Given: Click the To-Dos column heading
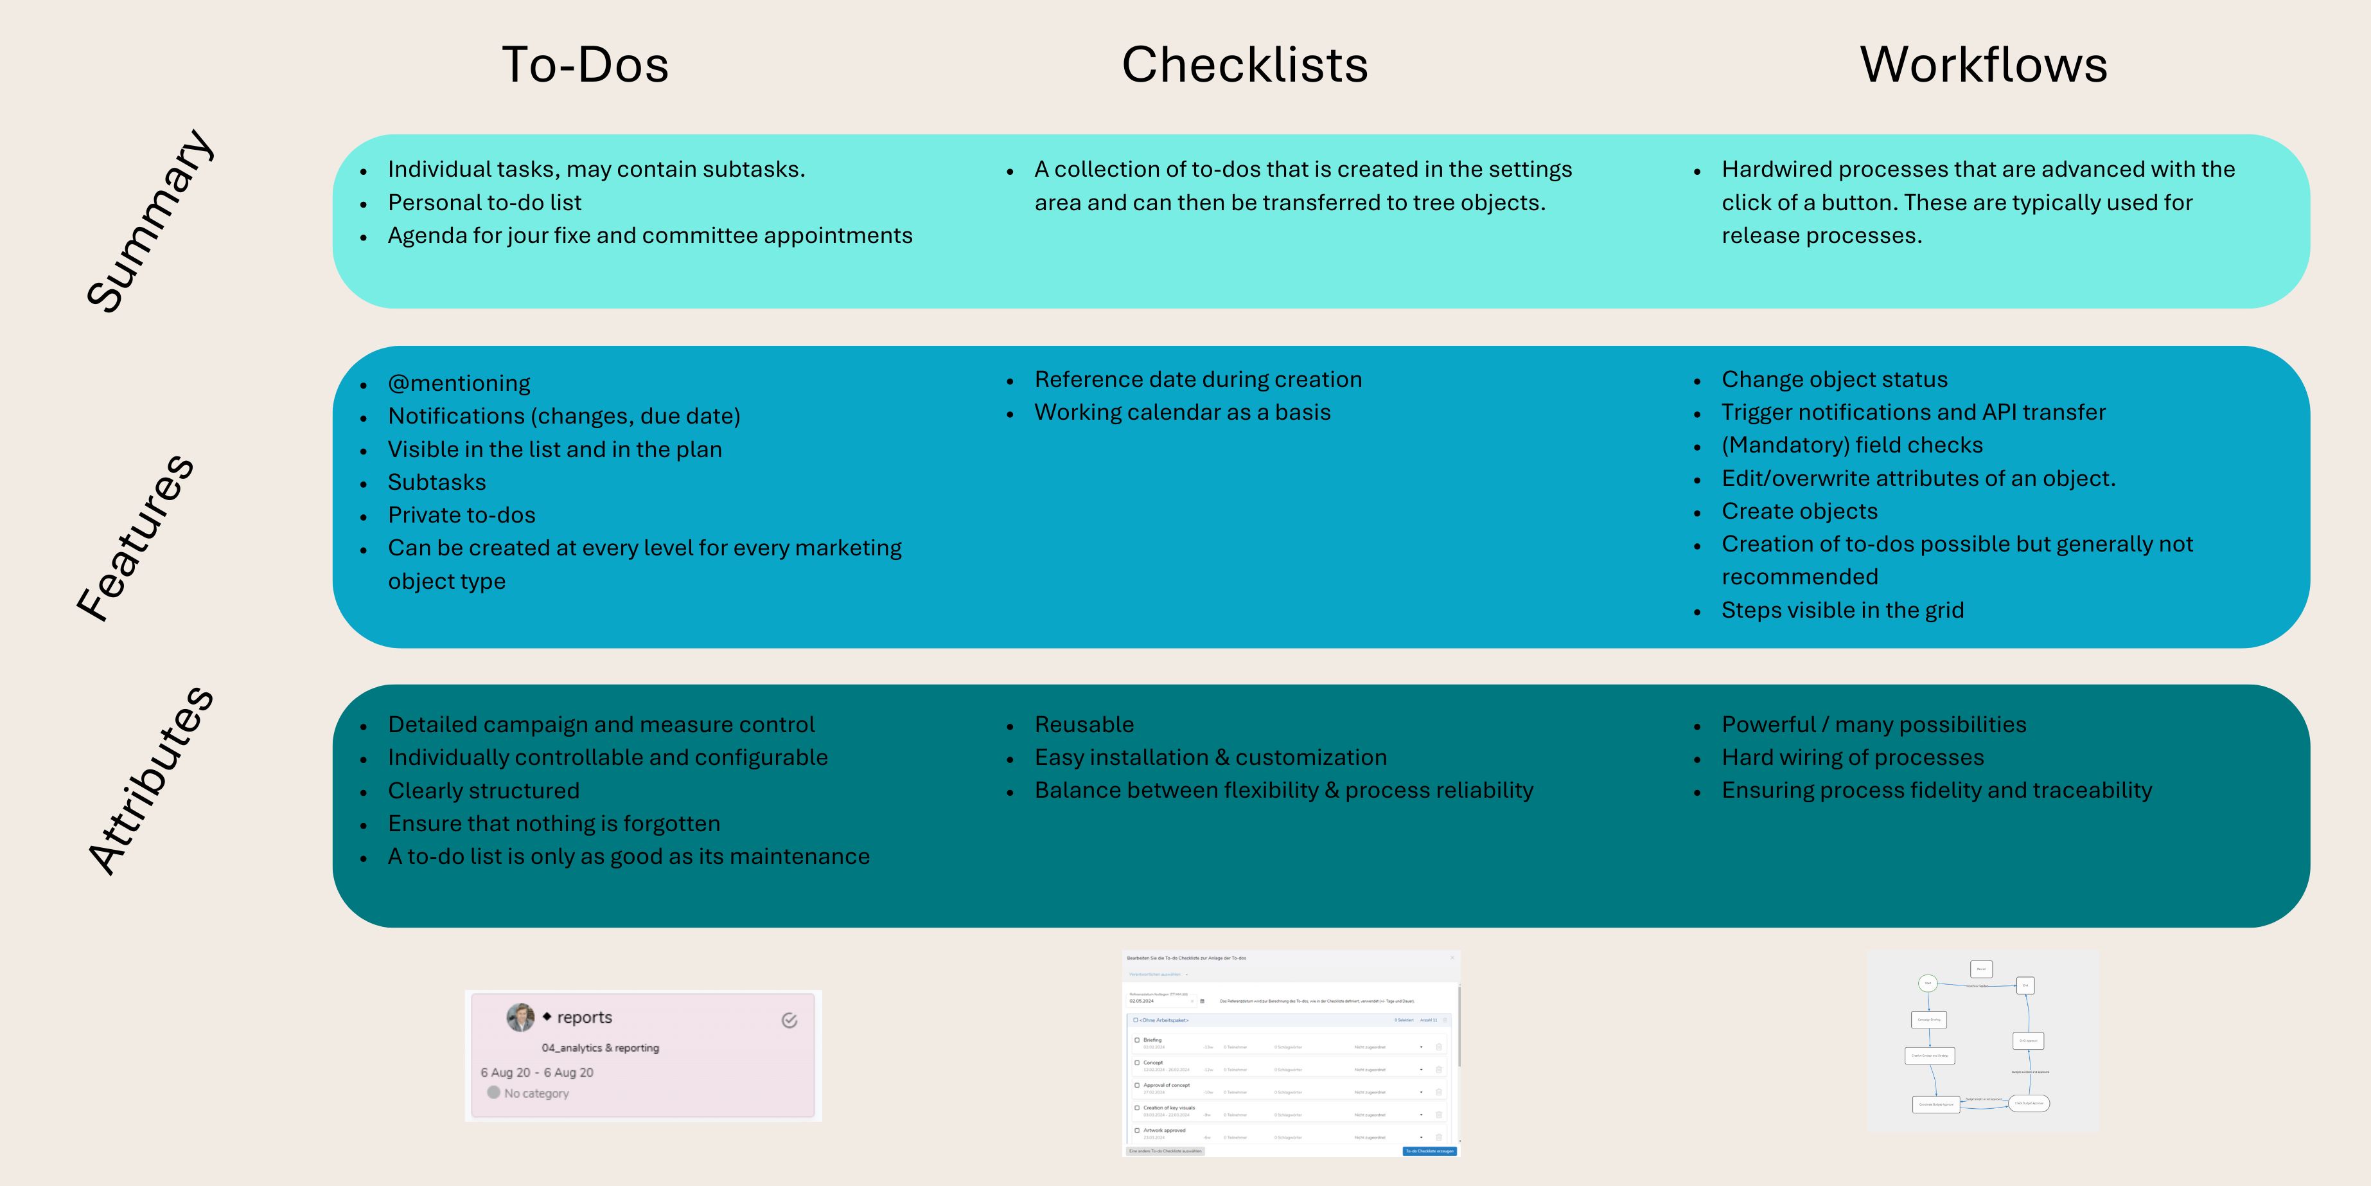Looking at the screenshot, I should (585, 64).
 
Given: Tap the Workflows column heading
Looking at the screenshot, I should (1984, 64).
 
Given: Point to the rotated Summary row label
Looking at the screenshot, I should (149, 221).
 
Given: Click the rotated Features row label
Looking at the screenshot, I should (136, 538).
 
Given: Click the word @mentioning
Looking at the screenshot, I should (459, 383).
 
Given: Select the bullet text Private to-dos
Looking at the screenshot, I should (461, 515).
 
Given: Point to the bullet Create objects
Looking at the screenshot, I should (1799, 511).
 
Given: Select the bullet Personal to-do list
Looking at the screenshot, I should (484, 202).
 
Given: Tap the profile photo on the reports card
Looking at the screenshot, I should (520, 1016).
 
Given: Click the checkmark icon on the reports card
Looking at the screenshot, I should (789, 1020).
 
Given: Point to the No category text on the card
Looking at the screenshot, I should (536, 1093).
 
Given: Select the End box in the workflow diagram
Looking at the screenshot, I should (2025, 985).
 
